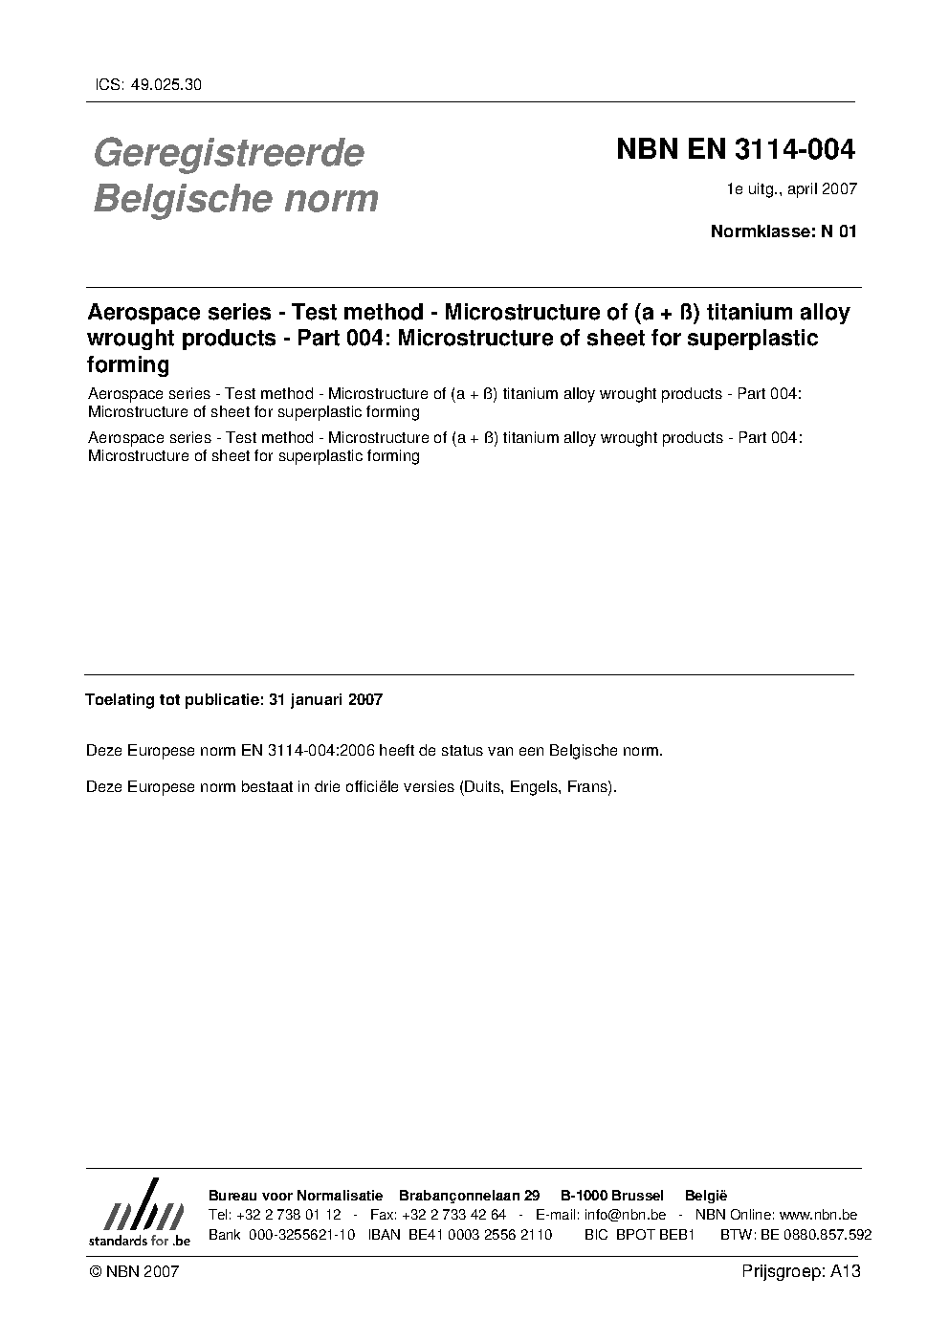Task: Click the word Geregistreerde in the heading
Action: pyautogui.click(x=229, y=153)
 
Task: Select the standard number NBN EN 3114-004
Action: pyautogui.click(x=735, y=150)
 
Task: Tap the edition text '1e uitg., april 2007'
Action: pyautogui.click(x=791, y=189)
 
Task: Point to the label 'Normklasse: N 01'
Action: pyautogui.click(x=783, y=231)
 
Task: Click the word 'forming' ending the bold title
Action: pyautogui.click(x=128, y=365)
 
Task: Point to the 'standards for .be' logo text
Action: pyautogui.click(x=140, y=1240)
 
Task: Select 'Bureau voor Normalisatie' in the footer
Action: pyautogui.click(x=295, y=1196)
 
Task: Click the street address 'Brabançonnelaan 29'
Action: pyautogui.click(x=469, y=1196)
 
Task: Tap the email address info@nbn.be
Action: pyautogui.click(x=625, y=1215)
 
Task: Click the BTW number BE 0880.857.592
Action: pyautogui.click(x=816, y=1235)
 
